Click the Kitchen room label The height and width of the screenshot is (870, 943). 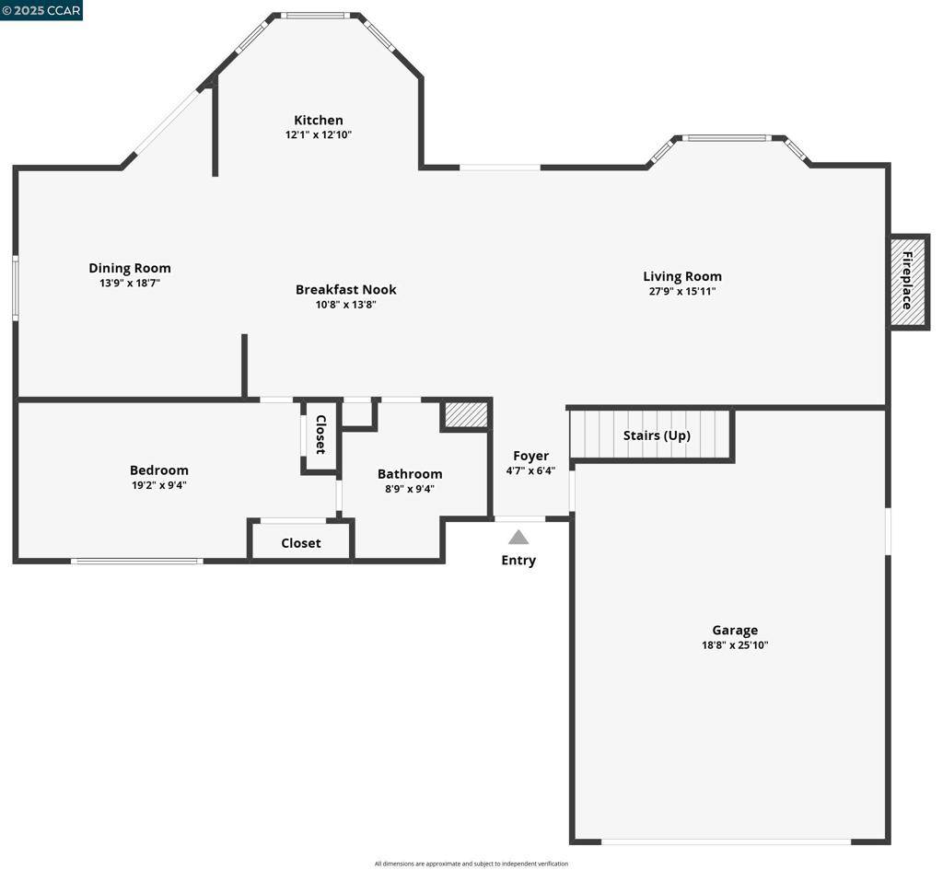319,120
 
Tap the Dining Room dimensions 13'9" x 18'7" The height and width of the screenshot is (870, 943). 130,284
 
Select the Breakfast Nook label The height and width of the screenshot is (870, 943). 346,289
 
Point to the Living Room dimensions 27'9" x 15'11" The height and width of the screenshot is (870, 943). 682,291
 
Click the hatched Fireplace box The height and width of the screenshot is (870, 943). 908,282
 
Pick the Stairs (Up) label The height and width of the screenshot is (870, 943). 657,435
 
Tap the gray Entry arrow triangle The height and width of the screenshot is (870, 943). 518,537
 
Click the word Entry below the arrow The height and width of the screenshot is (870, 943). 518,560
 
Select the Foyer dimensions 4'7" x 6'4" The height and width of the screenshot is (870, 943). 530,470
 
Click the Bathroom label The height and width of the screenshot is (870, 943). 410,474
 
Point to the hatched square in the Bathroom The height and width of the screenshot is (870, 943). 465,414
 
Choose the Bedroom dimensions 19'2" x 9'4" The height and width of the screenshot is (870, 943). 159,484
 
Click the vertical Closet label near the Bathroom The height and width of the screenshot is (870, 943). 320,435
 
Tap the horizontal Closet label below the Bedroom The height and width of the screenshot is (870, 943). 301,543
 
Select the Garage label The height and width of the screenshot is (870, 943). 735,631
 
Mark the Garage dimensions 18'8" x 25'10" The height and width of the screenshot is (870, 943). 735,645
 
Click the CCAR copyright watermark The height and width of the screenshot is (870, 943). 42,10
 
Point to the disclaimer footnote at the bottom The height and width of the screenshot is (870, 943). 471,864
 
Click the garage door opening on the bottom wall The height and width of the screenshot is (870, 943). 727,841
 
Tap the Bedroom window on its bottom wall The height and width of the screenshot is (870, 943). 137,561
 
